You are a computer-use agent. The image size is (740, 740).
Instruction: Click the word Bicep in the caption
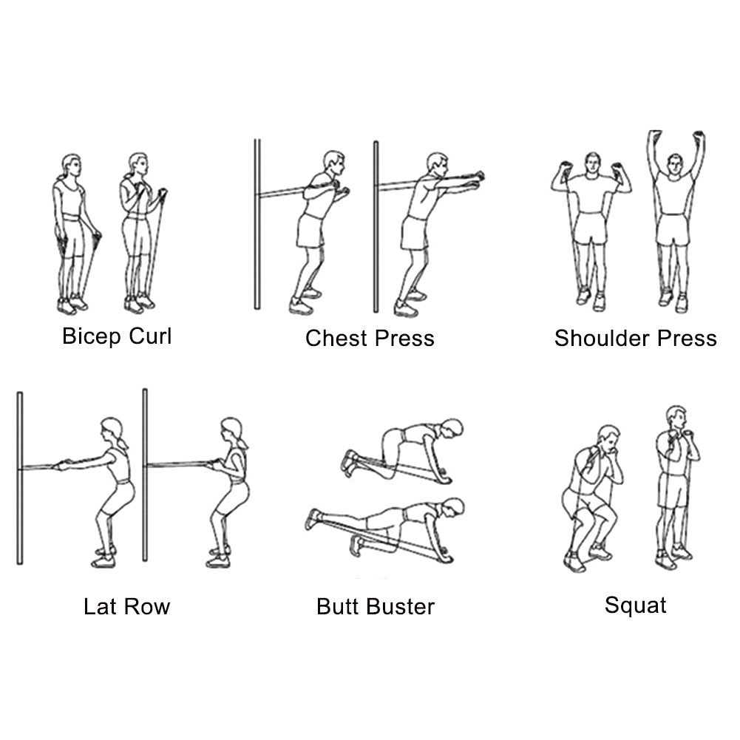click(91, 337)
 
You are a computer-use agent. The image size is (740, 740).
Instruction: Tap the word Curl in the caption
click(150, 336)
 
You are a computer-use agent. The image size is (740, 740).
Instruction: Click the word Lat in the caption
click(100, 606)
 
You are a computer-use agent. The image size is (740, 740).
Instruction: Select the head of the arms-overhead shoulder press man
click(676, 163)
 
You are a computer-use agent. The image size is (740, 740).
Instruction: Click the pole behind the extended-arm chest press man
click(376, 226)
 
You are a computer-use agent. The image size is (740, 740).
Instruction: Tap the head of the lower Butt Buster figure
click(453, 507)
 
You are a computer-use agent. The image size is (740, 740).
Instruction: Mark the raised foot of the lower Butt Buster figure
click(313, 518)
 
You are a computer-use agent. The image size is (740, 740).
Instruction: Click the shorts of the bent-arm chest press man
click(310, 231)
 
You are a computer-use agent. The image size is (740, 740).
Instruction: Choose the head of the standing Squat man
click(676, 417)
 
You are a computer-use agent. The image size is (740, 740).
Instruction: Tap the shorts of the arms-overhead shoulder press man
click(673, 229)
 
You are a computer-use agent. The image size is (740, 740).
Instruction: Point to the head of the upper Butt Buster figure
click(452, 428)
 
